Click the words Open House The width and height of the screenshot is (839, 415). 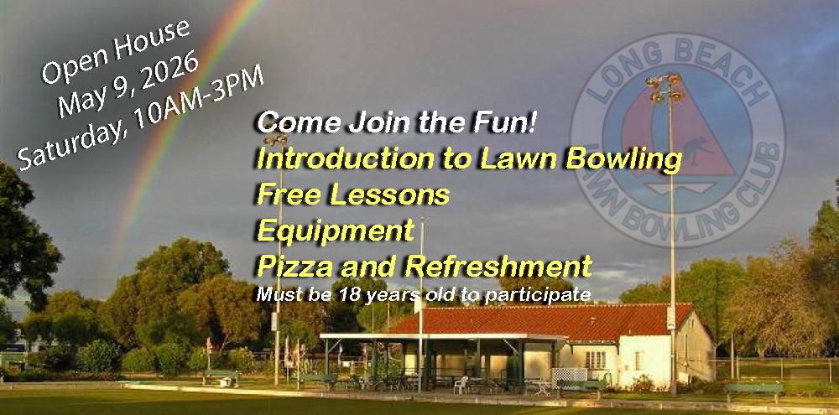[115, 51]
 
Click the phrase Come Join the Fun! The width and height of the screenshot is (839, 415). [397, 123]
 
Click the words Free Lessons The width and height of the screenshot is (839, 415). [353, 195]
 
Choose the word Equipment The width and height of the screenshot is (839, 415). [336, 231]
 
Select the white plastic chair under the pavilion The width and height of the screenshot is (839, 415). [461, 384]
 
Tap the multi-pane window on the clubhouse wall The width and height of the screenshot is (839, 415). [597, 360]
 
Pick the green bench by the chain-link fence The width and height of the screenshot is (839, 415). [755, 390]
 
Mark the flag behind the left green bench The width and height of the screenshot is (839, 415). [208, 345]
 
